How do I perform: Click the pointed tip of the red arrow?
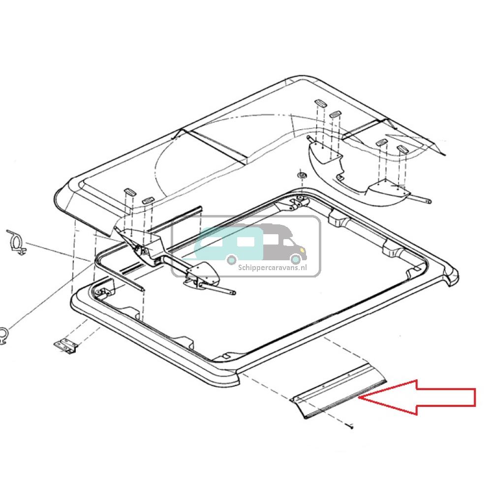[x=359, y=398]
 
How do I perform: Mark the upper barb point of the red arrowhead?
[x=416, y=380]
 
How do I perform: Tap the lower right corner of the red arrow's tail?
[x=475, y=406]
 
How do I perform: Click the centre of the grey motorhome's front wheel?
[x=295, y=259]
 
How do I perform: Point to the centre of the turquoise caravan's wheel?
[x=232, y=260]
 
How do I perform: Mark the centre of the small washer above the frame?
[x=302, y=175]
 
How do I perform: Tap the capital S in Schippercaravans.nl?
[x=240, y=268]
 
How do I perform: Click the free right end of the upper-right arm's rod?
[x=429, y=202]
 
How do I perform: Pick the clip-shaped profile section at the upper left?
[x=17, y=242]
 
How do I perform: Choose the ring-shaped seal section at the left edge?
[x=3, y=336]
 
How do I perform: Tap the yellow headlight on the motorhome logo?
[x=302, y=250]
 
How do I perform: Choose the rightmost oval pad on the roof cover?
[x=401, y=149]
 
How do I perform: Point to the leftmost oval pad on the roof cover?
[x=129, y=192]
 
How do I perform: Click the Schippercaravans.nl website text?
[x=273, y=268]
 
